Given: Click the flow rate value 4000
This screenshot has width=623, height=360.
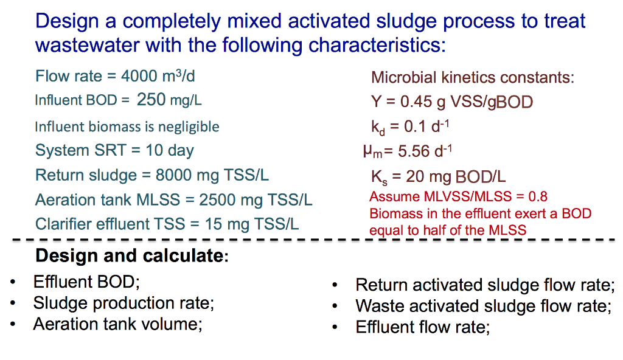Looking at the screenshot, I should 139,77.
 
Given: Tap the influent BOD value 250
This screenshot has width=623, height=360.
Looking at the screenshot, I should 151,100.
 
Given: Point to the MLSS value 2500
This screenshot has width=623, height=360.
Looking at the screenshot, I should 217,200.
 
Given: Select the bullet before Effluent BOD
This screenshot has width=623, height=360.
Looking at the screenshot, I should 13,283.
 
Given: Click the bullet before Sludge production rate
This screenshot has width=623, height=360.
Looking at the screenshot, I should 13,303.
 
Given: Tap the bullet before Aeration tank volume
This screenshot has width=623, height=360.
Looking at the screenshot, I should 13,324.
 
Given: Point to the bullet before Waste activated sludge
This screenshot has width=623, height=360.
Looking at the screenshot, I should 335,306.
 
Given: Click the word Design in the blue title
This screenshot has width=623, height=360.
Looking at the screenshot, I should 64,22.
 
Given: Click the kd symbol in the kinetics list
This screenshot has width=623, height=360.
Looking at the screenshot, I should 377,128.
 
